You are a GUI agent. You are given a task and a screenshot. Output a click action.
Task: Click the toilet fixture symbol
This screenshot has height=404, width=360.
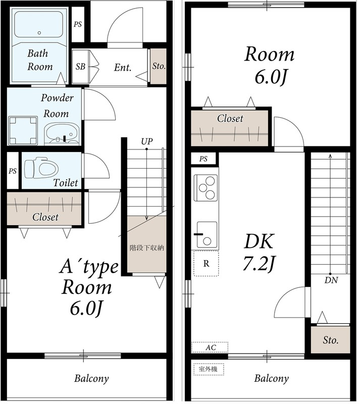tap(41, 169)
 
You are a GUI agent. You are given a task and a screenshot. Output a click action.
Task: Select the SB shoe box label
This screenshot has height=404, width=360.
tap(80, 67)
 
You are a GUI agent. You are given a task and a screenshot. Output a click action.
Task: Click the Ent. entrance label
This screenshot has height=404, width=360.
tap(123, 68)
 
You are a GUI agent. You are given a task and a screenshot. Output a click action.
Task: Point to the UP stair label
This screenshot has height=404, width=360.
tap(147, 141)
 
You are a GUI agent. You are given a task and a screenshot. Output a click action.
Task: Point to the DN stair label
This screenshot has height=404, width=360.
tap(331, 280)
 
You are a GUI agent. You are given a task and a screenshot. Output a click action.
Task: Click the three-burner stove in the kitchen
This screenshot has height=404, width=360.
tap(206, 188)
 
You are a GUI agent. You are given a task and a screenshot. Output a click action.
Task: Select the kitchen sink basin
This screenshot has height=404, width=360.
tap(207, 234)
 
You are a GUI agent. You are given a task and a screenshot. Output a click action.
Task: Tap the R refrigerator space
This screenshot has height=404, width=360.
tap(206, 264)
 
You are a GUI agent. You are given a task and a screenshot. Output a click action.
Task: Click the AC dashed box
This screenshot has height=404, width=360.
tap(210, 347)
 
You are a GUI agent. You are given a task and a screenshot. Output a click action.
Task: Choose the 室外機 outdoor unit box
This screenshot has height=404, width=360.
tap(209, 369)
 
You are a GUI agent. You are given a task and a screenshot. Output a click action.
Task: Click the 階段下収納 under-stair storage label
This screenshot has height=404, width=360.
tap(147, 248)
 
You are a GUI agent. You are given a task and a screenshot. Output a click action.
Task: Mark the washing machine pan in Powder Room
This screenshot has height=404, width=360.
tap(23, 130)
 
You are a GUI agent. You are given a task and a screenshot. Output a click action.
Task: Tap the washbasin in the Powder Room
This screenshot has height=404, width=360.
tap(62, 133)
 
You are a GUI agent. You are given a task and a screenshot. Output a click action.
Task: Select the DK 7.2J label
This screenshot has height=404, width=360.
tap(259, 252)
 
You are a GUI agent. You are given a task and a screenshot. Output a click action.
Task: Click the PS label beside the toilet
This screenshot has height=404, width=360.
tap(13, 171)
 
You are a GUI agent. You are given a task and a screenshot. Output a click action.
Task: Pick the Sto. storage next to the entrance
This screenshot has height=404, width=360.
tap(158, 66)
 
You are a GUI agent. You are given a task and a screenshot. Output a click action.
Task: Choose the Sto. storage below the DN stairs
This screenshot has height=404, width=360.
tap(330, 340)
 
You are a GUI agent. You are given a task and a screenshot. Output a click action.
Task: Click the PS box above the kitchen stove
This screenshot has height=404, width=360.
tap(203, 159)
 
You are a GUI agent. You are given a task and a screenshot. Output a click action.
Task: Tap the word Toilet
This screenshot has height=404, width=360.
tap(66, 183)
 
